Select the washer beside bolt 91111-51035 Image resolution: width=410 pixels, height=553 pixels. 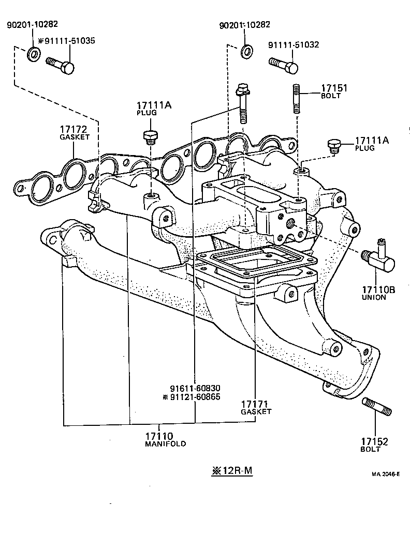[34, 53]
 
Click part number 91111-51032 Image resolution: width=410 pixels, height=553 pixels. [294, 45]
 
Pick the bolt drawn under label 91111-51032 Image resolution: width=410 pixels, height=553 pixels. [283, 64]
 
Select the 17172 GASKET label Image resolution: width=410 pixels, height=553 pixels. [75, 132]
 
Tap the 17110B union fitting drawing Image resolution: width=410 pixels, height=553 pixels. [378, 258]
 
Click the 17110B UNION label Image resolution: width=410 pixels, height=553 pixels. [378, 294]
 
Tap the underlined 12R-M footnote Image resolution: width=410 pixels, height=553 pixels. [231, 471]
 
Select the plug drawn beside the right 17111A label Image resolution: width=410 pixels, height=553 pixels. [333, 145]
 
